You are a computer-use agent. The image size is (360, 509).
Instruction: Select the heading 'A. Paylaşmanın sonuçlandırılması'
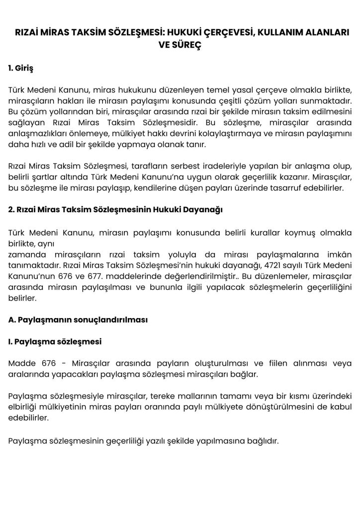[78, 320]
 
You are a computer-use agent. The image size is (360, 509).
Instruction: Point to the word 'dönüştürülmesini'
[277, 407]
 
